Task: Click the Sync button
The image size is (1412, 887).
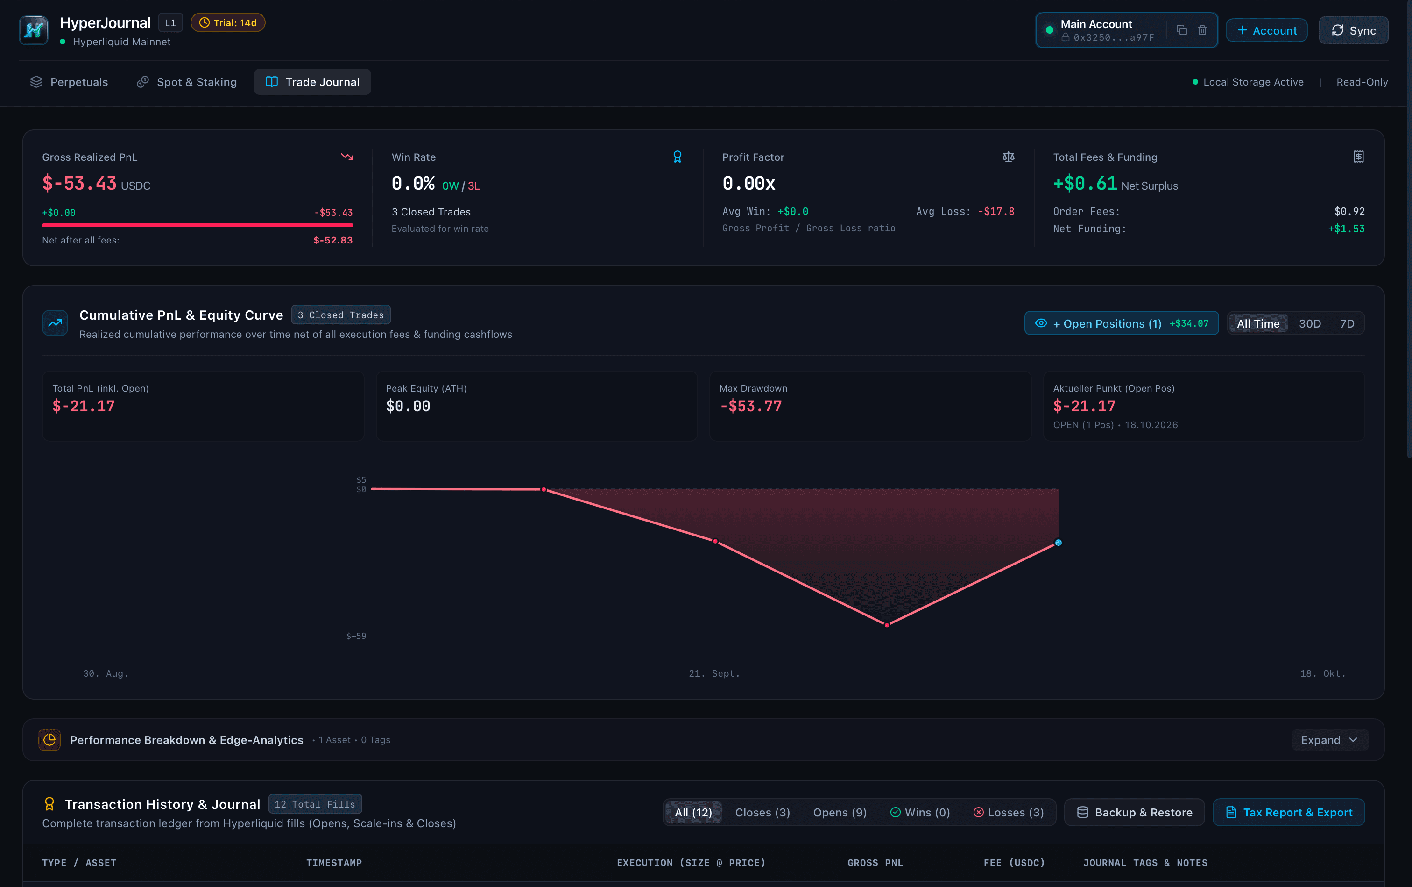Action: tap(1353, 30)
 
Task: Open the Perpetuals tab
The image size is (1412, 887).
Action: tap(69, 82)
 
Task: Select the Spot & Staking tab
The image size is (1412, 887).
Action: tap(187, 82)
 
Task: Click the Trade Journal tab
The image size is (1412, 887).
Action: tap(312, 82)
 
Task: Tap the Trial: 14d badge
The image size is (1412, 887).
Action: tap(228, 23)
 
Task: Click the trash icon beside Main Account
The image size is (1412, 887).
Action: tap(1202, 30)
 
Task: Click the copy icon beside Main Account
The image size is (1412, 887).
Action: tap(1182, 30)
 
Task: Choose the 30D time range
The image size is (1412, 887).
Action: tap(1309, 324)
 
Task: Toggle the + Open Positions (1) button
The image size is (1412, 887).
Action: tap(1121, 323)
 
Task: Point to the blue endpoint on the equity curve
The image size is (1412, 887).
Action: tap(1058, 543)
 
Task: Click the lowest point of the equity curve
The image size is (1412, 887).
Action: tap(887, 625)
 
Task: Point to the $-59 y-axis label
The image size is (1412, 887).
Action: tap(356, 636)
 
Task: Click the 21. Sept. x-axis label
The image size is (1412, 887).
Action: tap(714, 673)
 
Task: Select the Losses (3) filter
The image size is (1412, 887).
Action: tap(1009, 813)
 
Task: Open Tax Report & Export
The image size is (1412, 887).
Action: tap(1288, 813)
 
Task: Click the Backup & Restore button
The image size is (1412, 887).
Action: tap(1134, 813)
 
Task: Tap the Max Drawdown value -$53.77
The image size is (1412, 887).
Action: tap(751, 406)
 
